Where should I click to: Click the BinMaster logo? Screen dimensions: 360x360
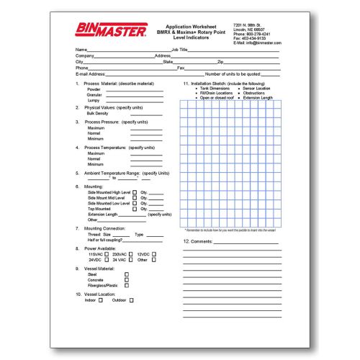pyautogui.click(x=109, y=30)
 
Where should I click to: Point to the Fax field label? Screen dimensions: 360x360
pyautogui.click(x=181, y=68)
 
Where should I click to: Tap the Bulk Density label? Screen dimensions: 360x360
pyautogui.click(x=98, y=113)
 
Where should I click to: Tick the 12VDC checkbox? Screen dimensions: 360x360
pyautogui.click(x=153, y=254)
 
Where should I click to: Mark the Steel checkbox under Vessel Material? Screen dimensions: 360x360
pyautogui.click(x=127, y=274)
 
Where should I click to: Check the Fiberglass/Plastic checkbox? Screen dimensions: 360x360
pyautogui.click(x=127, y=286)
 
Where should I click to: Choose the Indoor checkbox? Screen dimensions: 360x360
pyautogui.click(x=101, y=300)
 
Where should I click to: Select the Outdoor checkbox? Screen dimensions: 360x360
pyautogui.click(x=131, y=300)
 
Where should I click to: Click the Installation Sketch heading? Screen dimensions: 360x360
pyautogui.click(x=208, y=84)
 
